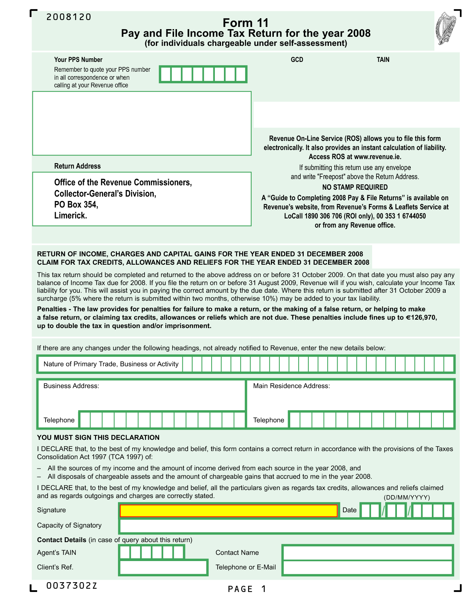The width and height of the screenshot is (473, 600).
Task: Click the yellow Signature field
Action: click(229, 510)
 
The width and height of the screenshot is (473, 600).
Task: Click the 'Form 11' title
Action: click(245, 23)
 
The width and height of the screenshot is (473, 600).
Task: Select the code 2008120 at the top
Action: click(69, 17)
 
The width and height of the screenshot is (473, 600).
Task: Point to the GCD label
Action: click(297, 60)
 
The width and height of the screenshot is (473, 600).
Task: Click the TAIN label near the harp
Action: click(383, 60)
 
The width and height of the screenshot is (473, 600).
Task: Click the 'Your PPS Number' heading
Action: click(78, 60)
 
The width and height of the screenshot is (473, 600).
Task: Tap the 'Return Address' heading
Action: click(77, 166)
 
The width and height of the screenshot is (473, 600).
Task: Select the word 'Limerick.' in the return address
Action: click(71, 215)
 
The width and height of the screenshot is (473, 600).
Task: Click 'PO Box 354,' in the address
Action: click(76, 204)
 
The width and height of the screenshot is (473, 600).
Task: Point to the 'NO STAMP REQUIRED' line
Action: click(355, 187)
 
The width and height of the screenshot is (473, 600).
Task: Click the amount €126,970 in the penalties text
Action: click(421, 317)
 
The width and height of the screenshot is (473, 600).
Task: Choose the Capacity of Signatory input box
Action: click(286, 526)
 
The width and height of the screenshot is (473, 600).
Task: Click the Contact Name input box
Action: click(367, 553)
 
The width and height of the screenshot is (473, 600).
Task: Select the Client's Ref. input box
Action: click(163, 568)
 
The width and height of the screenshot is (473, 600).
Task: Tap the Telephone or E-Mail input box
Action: click(367, 568)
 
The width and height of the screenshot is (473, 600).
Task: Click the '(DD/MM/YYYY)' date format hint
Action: click(407, 497)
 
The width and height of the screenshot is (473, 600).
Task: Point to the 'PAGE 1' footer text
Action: click(247, 589)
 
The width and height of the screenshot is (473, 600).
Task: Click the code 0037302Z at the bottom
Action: click(72, 585)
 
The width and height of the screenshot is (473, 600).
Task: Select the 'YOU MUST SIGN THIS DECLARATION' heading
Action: click(98, 437)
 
